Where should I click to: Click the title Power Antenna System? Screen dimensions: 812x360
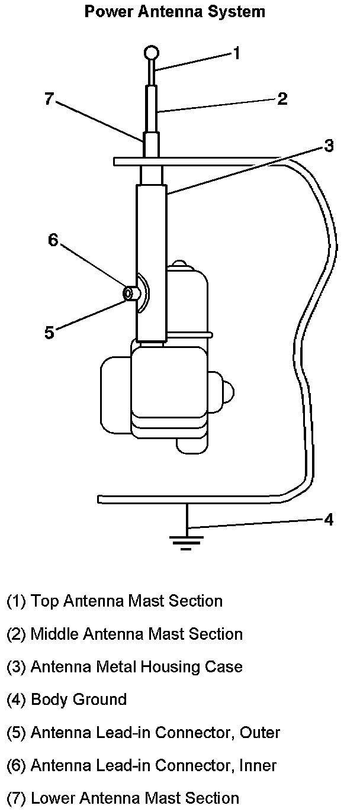tap(174, 11)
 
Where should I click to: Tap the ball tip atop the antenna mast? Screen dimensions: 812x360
tap(152, 53)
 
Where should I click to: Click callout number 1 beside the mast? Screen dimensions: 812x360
tap(236, 53)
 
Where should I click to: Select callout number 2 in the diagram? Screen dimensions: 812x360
tap(282, 99)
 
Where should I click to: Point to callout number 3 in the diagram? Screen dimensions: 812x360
tap(329, 146)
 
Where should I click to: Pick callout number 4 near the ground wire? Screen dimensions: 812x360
tap(329, 520)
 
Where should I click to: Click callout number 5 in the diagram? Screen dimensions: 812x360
tap(50, 333)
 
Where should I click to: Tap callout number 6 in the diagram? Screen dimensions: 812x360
tap(53, 240)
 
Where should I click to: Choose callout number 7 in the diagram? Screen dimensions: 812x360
tap(50, 98)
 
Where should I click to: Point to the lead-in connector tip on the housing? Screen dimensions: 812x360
tap(127, 293)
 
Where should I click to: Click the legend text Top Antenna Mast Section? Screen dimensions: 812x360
tap(115, 601)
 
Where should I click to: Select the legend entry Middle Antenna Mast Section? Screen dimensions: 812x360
tap(125, 634)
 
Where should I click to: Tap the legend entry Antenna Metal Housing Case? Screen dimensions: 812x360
tap(125, 667)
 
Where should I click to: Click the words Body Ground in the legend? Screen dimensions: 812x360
tap(79, 700)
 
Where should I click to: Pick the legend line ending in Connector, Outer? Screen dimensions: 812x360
tap(143, 733)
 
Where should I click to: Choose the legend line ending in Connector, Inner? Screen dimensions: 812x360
tap(142, 765)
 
